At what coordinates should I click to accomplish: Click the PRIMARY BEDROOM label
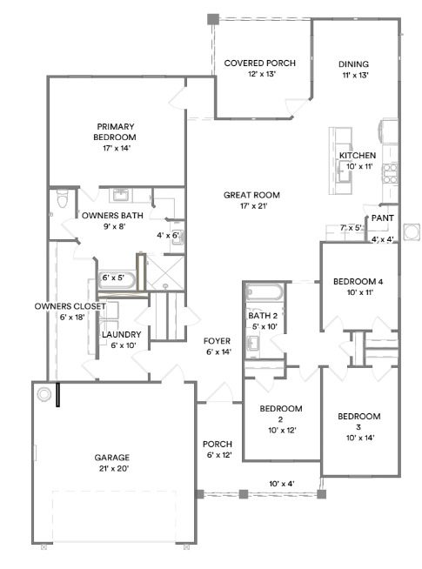point(117,131)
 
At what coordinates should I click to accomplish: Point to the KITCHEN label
point(357,155)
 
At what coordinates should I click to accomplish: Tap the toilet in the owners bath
point(60,202)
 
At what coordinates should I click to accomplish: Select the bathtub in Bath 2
point(260,294)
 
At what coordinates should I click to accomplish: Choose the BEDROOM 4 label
point(358,282)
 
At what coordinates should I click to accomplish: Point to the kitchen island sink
point(345,171)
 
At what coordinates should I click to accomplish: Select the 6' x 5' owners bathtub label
point(115,278)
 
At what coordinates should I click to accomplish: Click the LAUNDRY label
point(117,334)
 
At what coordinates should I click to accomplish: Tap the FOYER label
point(217,340)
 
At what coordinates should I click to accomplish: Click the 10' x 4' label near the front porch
point(282,483)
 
